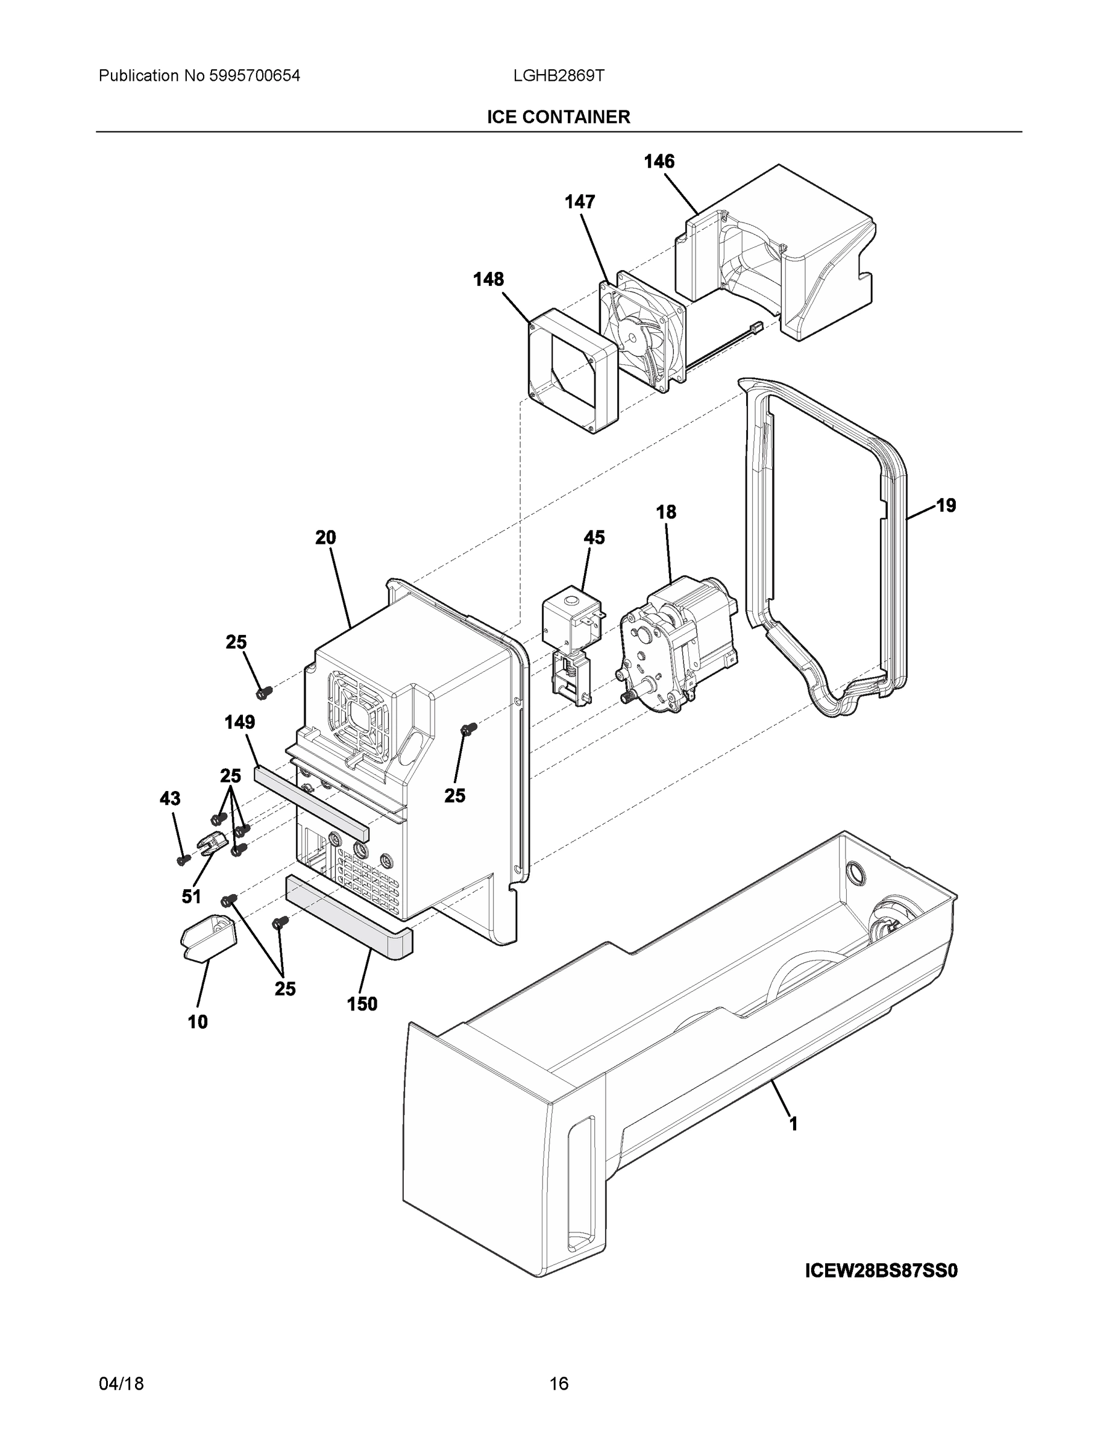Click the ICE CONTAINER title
point(558,118)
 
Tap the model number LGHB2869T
point(558,76)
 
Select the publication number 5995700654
point(255,76)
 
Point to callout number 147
point(580,202)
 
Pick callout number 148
point(488,280)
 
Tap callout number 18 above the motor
point(667,512)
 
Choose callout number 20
point(325,538)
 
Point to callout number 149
point(240,722)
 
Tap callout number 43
point(169,799)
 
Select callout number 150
point(362,1004)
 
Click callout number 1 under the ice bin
point(793,1124)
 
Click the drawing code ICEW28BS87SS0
point(882,1271)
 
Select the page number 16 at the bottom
point(558,1384)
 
